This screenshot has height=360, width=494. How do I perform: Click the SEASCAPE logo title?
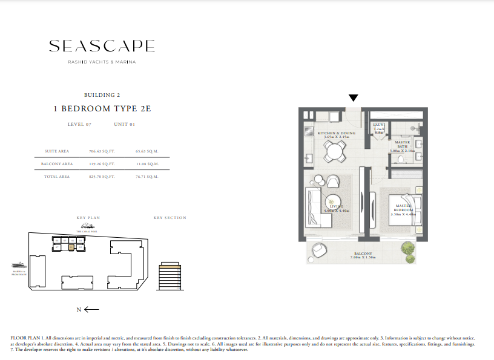[x=102, y=47]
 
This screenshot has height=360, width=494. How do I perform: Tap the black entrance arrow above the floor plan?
[x=354, y=98]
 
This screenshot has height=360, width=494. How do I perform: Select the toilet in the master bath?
[x=402, y=158]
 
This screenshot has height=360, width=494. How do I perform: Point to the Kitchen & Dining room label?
[x=336, y=133]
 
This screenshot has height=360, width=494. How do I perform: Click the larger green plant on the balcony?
[x=410, y=249]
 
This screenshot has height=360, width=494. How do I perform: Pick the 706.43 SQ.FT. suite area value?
[x=102, y=151]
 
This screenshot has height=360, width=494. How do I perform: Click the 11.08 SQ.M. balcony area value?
[x=147, y=164]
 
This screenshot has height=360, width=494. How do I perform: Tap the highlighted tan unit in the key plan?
[x=71, y=247]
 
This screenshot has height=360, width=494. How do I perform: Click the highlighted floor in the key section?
[x=170, y=266]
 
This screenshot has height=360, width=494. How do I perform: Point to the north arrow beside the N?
[x=92, y=310]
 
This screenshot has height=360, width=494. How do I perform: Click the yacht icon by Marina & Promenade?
[x=18, y=264]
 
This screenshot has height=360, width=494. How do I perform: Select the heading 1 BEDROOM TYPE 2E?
[x=102, y=108]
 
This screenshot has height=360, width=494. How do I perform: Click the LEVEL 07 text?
[x=79, y=124]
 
